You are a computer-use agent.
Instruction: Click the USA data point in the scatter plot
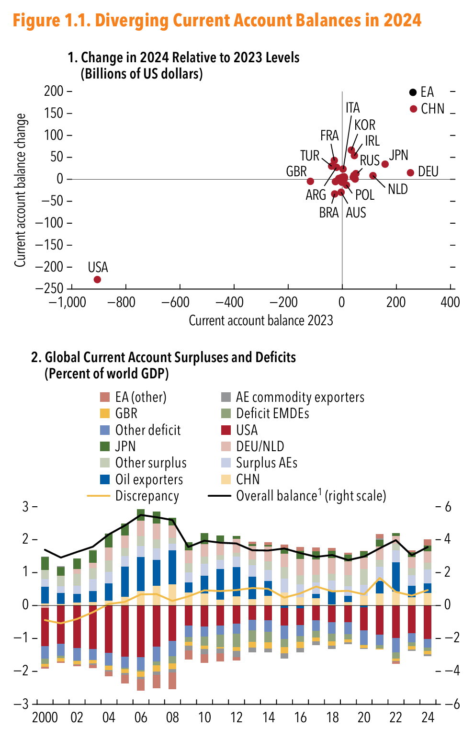coord(97,279)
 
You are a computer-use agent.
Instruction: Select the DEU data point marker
coord(410,172)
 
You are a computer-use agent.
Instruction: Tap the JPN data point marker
coord(385,164)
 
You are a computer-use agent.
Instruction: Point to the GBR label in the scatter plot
coord(296,171)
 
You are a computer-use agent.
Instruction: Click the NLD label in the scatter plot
coord(397,189)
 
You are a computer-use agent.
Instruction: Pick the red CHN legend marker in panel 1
coord(414,109)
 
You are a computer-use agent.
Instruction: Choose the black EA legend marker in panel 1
coord(413,92)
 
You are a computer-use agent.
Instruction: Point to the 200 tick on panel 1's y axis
coord(54,91)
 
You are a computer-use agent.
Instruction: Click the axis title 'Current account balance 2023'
coord(260,320)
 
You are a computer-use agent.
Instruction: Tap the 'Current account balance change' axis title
coord(20,190)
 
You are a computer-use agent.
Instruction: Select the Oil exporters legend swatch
coord(105,479)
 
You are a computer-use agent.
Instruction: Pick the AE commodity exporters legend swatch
coord(226,397)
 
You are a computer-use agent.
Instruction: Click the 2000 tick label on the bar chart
coord(45,717)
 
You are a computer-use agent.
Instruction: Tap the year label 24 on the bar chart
coord(428,717)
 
